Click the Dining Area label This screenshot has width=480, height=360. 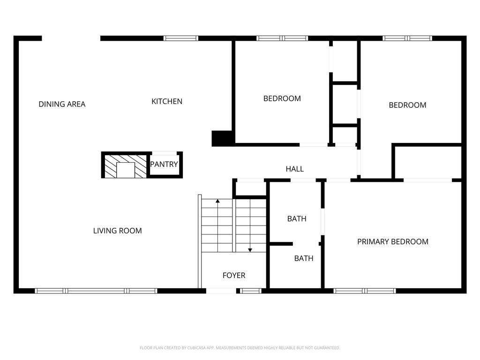point(62,104)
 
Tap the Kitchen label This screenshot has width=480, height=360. point(167,101)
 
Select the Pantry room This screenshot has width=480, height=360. point(164,165)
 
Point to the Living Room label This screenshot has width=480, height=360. point(117,231)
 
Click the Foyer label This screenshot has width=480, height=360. point(233,276)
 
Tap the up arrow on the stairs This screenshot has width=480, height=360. point(217,202)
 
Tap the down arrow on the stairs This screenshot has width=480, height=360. point(250,250)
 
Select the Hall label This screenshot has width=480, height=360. point(295,169)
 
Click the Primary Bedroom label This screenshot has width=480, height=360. point(393,242)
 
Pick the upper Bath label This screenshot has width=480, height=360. point(297,218)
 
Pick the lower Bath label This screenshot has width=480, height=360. point(304,258)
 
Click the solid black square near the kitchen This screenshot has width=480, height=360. point(222,138)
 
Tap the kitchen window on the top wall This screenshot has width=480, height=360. point(180,38)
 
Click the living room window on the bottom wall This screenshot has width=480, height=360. point(96,291)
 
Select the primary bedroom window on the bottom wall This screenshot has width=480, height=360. point(365,291)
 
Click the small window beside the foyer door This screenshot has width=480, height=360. point(251,291)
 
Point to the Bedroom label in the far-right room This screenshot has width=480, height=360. point(407,105)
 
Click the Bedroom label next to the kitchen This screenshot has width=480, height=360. point(282,98)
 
